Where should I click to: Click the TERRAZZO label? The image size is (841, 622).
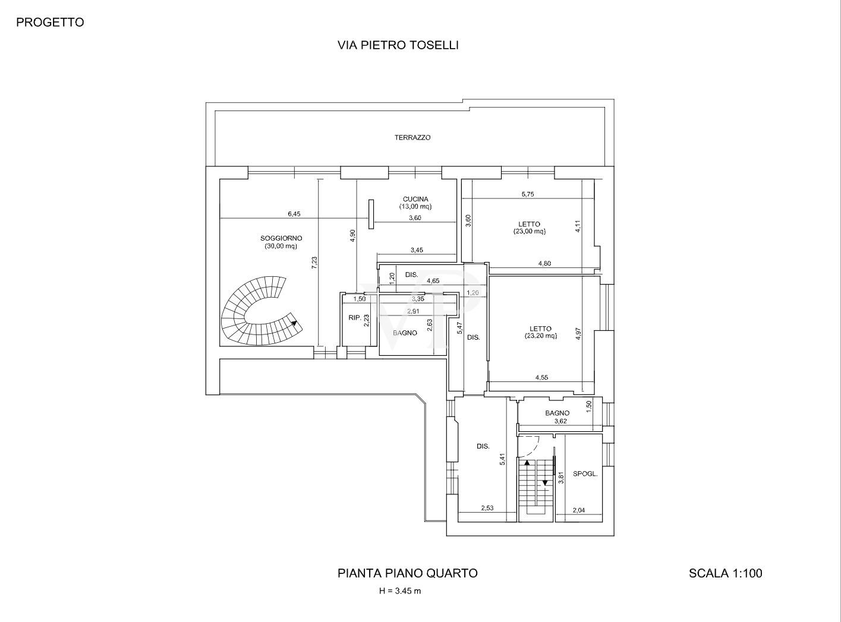pos(412,137)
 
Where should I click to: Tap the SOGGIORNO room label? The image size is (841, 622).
pos(281,238)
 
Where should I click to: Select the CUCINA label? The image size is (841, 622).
pos(415,199)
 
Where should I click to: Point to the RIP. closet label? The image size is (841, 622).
pos(355,318)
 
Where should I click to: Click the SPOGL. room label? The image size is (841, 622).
pos(585,474)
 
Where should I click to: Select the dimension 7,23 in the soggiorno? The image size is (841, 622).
pos(314,263)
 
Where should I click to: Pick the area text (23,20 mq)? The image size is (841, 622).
pos(540,336)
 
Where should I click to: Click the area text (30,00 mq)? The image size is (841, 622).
pos(281,246)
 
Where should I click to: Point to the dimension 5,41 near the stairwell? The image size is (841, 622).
pos(502,459)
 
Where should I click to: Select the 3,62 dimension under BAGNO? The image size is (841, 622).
pos(560,421)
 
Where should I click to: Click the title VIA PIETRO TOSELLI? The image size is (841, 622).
pos(398,45)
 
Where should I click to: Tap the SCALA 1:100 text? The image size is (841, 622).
pos(725,573)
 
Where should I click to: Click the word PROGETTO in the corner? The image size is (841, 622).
pos(50,23)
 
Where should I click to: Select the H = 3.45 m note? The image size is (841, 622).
pos(400,591)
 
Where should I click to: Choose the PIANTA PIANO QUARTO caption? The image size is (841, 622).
pos(407,573)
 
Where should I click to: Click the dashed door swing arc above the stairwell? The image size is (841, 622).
pos(533,442)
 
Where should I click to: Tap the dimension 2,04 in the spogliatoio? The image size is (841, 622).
pos(578,510)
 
